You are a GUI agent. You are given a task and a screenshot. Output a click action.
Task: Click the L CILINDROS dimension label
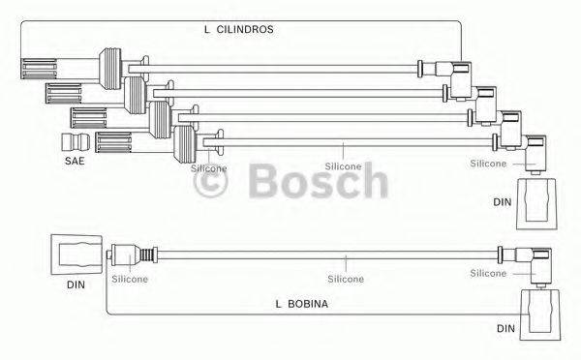coord(240,30)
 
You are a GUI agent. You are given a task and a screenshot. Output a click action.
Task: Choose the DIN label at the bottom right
coord(505,329)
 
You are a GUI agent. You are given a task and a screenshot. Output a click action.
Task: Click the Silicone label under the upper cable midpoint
coord(342,166)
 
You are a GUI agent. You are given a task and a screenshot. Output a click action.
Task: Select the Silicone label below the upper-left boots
coord(209,167)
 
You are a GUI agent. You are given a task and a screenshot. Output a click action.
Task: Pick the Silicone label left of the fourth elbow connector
coord(487,164)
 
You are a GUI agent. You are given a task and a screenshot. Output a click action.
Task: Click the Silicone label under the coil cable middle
coord(345,279)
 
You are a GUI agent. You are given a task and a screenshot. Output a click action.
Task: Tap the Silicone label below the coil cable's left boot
coord(130,279)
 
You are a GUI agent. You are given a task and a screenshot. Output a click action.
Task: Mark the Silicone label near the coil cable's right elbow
coord(488,274)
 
